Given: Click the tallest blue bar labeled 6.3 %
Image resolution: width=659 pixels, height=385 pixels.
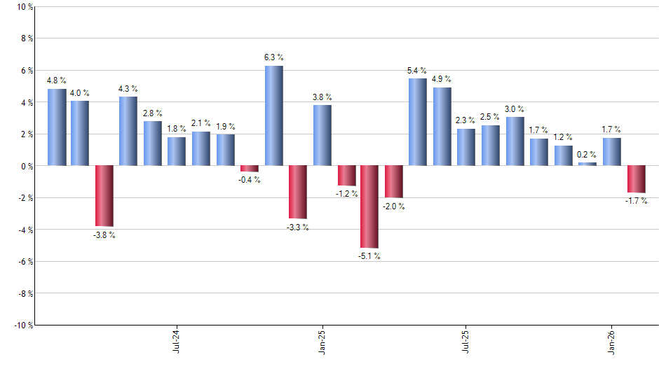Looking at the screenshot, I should point(273,115).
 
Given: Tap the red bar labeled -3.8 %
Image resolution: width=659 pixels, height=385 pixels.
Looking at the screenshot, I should point(104,196).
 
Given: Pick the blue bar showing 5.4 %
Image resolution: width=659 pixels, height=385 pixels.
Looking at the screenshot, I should point(417,122).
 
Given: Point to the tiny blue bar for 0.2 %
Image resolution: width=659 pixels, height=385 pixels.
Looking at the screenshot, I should point(587,164).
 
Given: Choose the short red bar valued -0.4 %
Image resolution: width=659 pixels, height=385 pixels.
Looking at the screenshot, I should point(250,169).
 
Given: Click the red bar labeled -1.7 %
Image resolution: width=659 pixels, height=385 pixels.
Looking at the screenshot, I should point(636,179).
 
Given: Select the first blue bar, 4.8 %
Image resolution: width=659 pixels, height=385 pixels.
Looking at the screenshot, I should point(57,127).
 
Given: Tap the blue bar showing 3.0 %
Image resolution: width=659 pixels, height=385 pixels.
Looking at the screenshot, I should point(515,141).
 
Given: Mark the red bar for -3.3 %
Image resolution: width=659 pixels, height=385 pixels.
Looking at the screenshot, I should point(298,192).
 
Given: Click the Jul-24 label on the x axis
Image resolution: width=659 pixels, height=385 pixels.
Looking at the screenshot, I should point(175,340).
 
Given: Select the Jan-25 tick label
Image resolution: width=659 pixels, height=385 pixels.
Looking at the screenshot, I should point(322,340).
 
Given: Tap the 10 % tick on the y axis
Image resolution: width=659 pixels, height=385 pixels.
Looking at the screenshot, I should point(24,7).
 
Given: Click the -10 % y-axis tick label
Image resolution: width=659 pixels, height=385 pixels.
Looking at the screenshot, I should point(22,325).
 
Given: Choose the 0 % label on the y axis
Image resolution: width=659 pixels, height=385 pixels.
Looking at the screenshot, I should point(26,166).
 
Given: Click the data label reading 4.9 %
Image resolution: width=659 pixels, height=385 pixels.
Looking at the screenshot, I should point(442,79).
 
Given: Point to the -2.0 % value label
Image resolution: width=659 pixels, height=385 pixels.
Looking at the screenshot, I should point(393,206).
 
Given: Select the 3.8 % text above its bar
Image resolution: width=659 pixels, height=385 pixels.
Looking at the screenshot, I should point(322,97).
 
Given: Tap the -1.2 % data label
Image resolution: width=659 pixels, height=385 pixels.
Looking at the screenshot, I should point(346,193).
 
